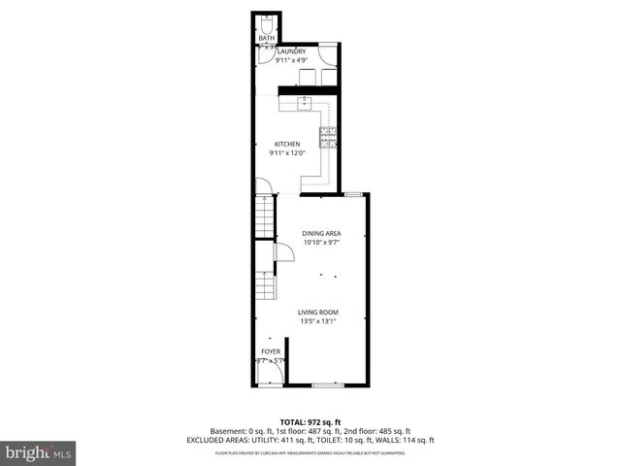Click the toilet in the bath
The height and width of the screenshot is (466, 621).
click(267, 24)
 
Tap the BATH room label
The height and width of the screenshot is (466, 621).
click(266, 39)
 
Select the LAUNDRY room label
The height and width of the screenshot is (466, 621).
click(291, 51)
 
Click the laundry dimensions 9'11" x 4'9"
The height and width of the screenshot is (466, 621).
click(291, 60)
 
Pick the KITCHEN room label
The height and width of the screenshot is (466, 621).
click(287, 144)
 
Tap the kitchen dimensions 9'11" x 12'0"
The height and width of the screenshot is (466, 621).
click(287, 152)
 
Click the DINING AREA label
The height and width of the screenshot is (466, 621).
click(320, 233)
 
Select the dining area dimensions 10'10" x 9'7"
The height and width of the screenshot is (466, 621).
click(320, 243)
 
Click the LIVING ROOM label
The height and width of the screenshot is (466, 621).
click(317, 313)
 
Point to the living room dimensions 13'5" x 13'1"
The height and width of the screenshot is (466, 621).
click(317, 321)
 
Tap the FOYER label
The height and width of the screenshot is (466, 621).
click(271, 351)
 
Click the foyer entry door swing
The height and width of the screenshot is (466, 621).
click(264, 374)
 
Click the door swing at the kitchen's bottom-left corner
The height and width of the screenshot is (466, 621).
click(262, 187)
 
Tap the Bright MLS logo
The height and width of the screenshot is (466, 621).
click(39, 452)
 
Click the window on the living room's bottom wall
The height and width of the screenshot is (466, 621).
click(327, 386)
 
